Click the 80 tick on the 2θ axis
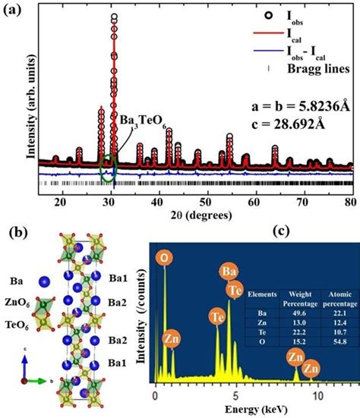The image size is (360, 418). pyautogui.click(x=350, y=199)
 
